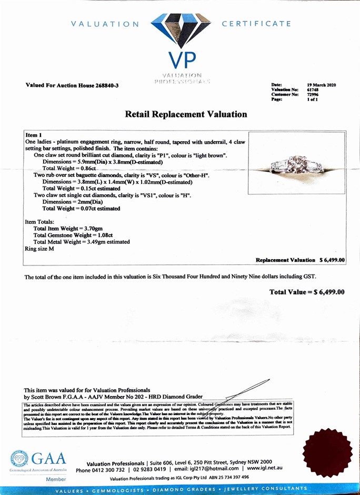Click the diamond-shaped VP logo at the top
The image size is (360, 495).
tap(181, 33)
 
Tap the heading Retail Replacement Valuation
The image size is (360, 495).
tap(186, 114)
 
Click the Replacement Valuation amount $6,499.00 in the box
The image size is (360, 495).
tap(332, 260)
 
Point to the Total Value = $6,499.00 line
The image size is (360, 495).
tap(307, 292)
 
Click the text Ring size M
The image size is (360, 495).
tap(39, 248)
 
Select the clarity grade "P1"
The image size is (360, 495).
tap(170, 155)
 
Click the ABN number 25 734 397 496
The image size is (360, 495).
tap(229, 478)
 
